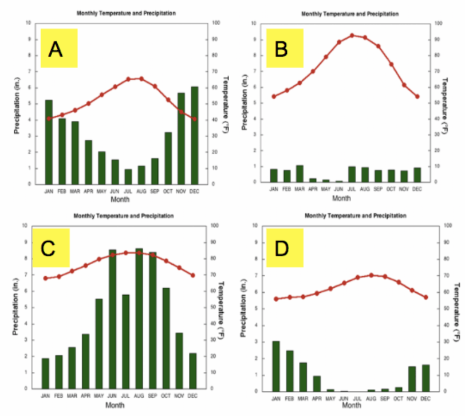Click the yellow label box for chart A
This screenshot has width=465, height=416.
[58, 48]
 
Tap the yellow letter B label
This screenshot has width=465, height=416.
[284, 48]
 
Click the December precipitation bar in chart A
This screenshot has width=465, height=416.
[195, 135]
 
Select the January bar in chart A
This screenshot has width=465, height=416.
[49, 142]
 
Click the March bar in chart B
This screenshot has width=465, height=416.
[299, 174]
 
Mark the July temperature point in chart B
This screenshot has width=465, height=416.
[352, 35]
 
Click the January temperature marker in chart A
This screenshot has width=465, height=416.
[49, 119]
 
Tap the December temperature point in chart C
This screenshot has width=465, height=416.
[192, 275]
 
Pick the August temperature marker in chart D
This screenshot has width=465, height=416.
[371, 275]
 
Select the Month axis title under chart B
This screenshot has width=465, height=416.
[341, 198]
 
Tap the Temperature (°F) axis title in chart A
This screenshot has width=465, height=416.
[225, 103]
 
